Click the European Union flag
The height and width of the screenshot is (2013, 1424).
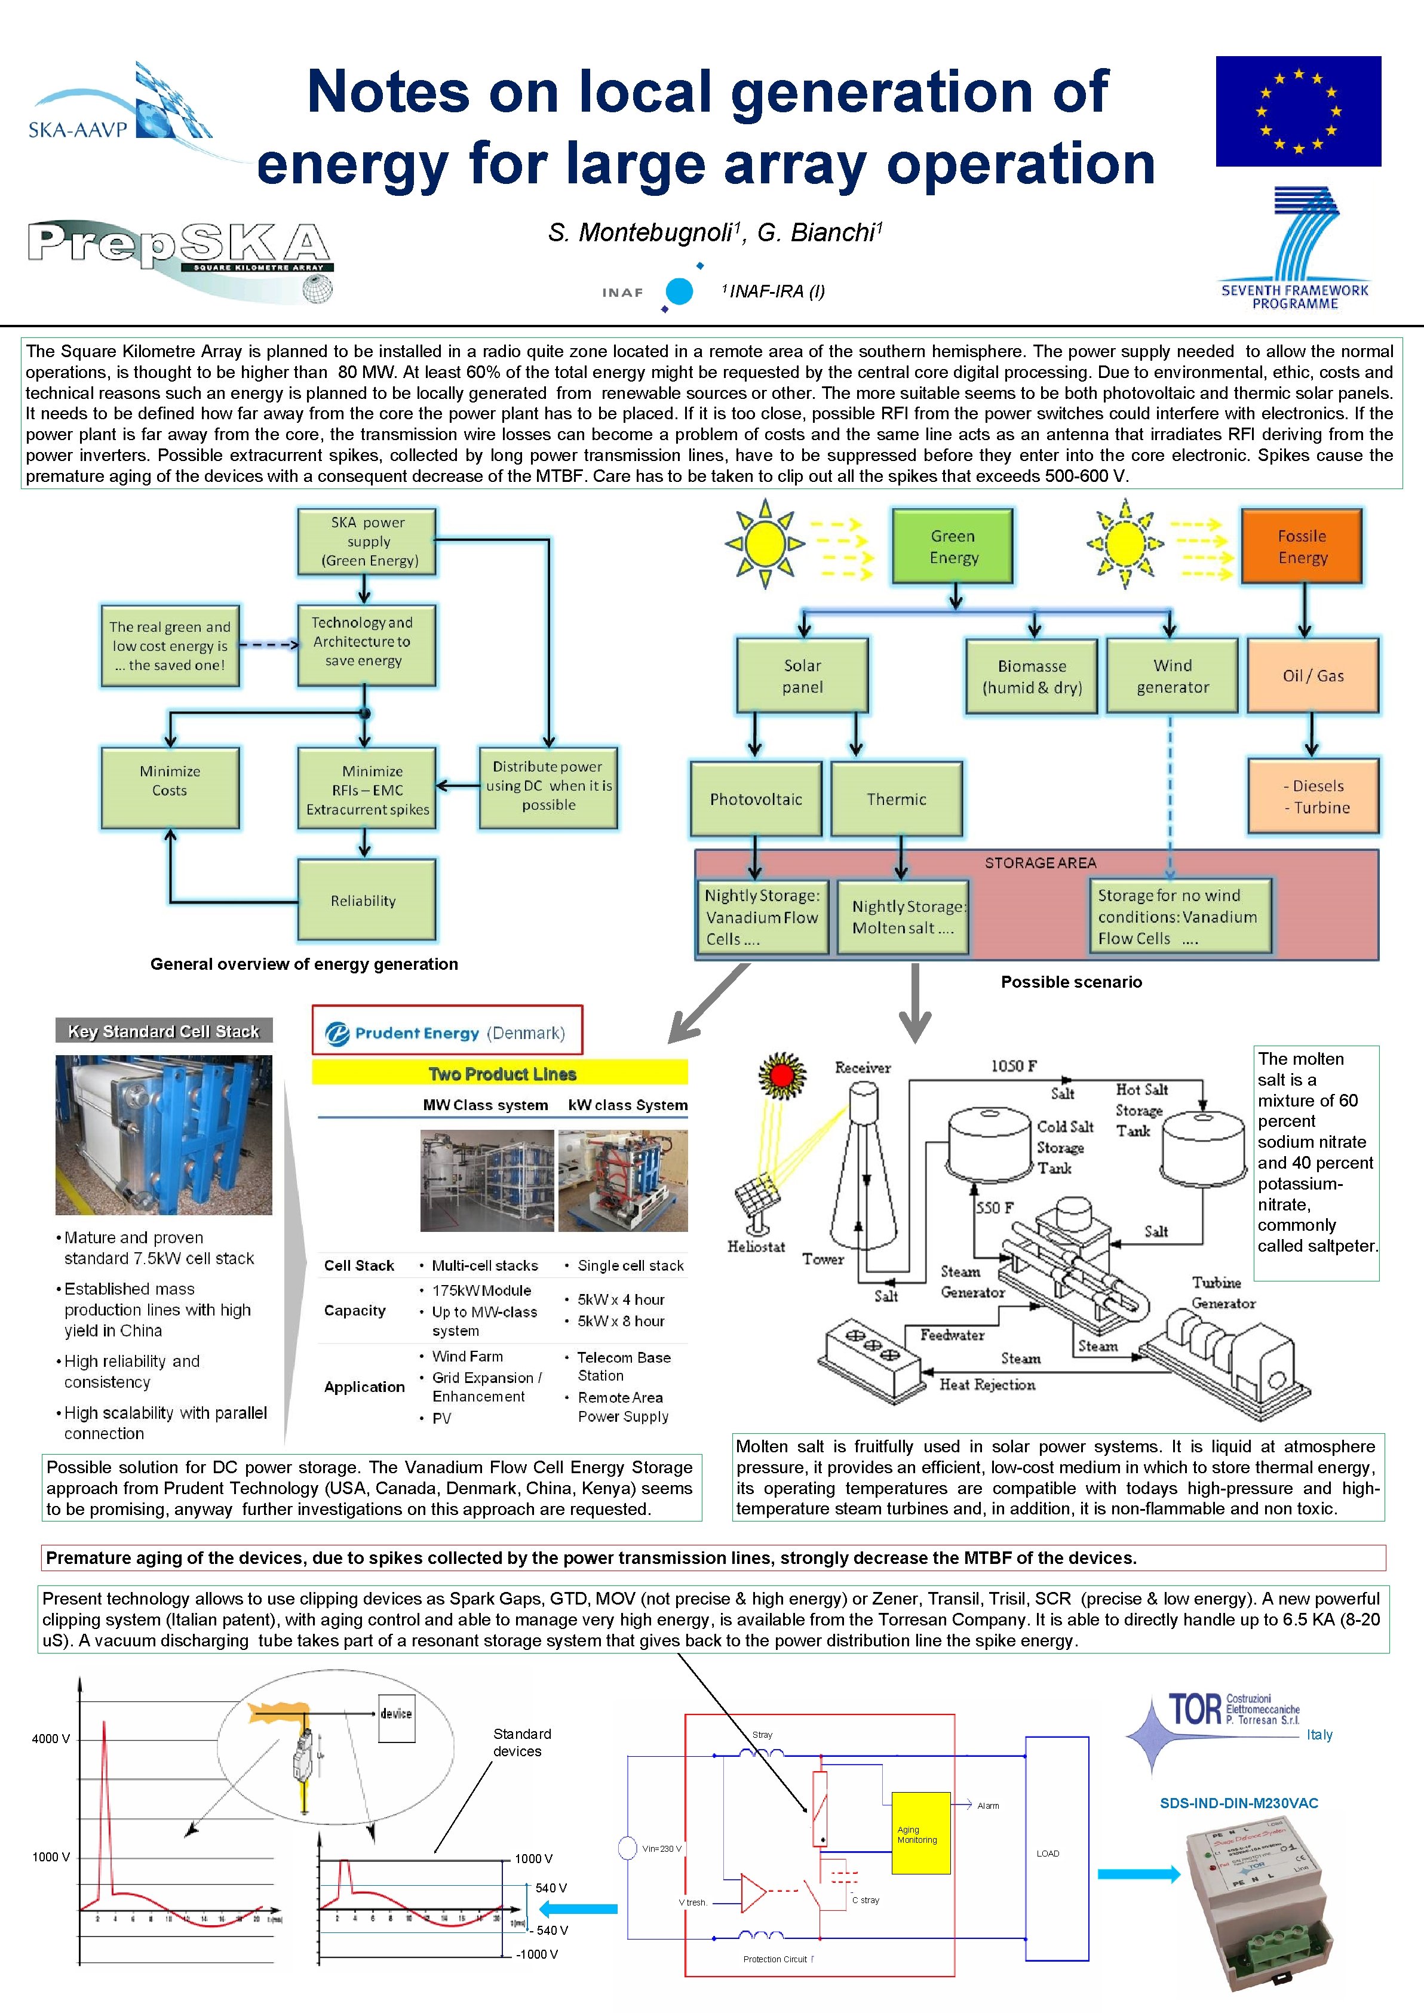[1298, 111]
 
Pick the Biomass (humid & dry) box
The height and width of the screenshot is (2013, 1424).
[1032, 676]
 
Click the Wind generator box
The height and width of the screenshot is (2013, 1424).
[1173, 676]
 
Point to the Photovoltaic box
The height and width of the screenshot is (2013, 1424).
[756, 799]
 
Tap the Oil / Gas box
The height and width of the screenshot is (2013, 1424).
[1313, 675]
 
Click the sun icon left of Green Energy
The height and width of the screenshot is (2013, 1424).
[765, 543]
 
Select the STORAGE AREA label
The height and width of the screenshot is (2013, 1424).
[1040, 863]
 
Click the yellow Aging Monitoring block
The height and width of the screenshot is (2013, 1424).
[920, 1833]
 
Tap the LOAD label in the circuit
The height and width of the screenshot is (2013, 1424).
[1048, 1854]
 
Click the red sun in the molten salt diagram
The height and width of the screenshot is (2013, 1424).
[781, 1075]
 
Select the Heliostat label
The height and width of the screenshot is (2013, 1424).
[756, 1246]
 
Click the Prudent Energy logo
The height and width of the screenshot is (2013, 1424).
[446, 1033]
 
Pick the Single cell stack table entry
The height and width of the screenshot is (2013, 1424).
[630, 1265]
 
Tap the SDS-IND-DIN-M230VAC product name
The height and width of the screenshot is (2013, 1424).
[1238, 1803]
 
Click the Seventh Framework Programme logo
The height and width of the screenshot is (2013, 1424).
[1294, 249]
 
